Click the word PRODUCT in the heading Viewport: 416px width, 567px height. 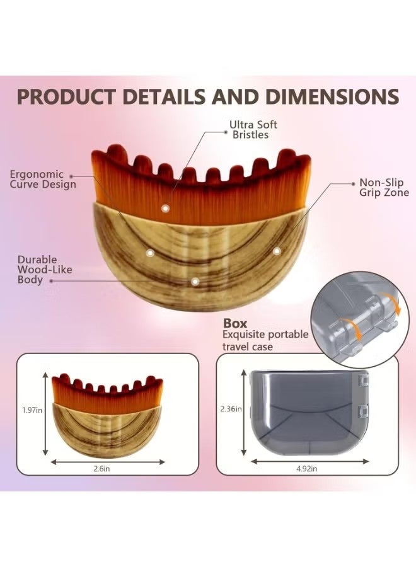pos(66,96)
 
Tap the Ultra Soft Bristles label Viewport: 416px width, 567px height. pos(253,130)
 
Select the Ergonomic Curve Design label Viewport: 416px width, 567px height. pos(43,180)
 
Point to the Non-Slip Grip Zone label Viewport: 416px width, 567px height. pos(384,187)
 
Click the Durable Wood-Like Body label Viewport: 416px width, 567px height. pos(45,270)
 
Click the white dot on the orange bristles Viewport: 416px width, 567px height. pos(165,209)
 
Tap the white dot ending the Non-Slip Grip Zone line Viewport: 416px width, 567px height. pos(277,251)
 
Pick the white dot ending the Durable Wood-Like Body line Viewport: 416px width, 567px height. pos(195,281)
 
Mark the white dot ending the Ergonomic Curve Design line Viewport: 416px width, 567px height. pos(150,253)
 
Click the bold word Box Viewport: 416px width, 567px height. pos(235,323)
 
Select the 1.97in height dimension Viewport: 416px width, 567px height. pos(32,410)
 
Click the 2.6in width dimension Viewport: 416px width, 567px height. pos(101,469)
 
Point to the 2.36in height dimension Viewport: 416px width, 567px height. pos(231,409)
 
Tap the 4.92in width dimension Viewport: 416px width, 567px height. pos(307,469)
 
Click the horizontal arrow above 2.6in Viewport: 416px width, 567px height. pos(108,462)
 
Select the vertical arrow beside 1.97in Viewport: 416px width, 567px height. pos(45,415)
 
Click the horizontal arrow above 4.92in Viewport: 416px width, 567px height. pos(310,461)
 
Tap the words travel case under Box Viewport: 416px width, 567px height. pos(248,346)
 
